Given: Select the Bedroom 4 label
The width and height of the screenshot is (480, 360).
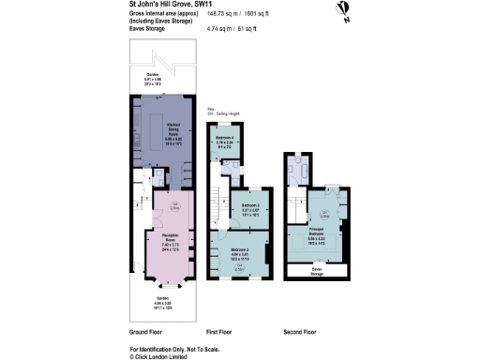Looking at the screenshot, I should coord(226,141).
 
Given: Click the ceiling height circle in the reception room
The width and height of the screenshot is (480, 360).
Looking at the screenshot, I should coord(174,206).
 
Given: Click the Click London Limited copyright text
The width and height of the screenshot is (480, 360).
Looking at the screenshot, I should coord(165,356).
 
